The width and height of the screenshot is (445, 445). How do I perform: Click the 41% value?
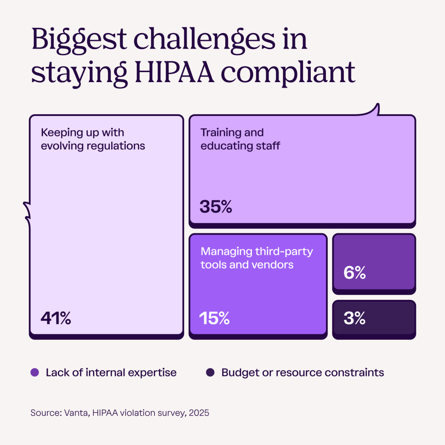[x=56, y=319]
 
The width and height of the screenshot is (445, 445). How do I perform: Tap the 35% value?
[x=216, y=206]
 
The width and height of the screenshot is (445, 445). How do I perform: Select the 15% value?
[x=214, y=319]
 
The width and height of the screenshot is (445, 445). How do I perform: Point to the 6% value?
[x=354, y=273]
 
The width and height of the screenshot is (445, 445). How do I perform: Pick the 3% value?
[x=354, y=319]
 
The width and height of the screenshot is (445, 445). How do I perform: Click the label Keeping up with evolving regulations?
[x=93, y=139]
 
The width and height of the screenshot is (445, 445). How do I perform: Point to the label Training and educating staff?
[x=240, y=139]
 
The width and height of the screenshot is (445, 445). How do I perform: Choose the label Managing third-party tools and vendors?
[x=256, y=258]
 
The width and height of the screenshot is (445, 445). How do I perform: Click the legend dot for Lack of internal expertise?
[x=35, y=372]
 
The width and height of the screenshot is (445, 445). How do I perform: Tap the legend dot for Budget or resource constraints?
[x=210, y=372]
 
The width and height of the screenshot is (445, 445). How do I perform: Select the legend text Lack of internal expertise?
[x=111, y=372]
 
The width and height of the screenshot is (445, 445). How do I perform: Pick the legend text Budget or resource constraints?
[x=302, y=372]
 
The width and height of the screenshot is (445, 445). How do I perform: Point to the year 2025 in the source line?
[x=199, y=412]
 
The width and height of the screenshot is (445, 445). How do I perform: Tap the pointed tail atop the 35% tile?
[x=376, y=108]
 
